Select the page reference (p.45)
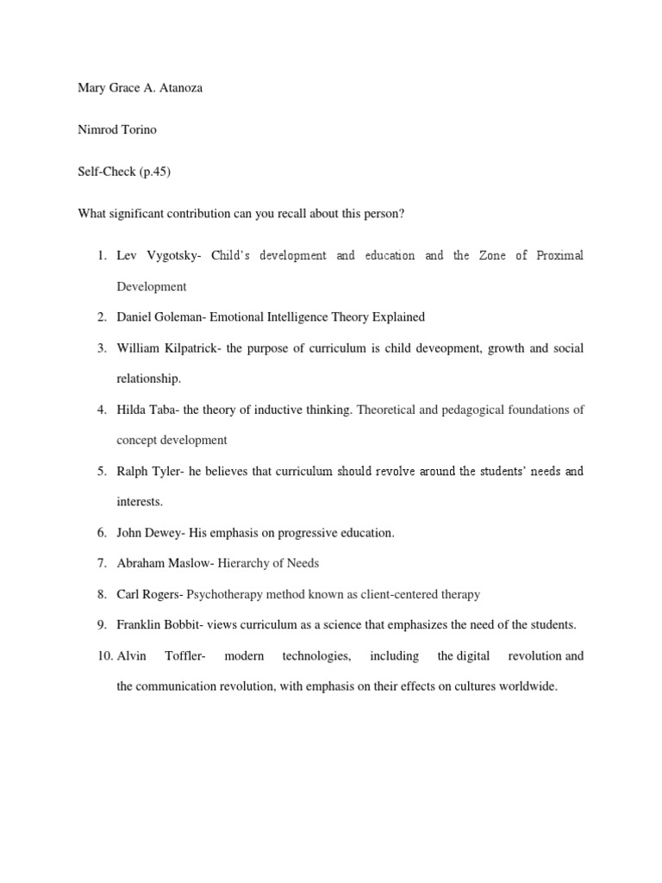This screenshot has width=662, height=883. (155, 172)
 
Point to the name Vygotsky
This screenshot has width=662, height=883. (173, 255)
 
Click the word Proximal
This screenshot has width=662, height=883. (559, 255)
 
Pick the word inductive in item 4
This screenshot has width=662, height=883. (285, 410)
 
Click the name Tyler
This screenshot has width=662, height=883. (168, 472)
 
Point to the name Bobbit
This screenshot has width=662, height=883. (190, 624)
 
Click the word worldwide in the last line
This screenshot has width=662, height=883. (528, 687)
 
